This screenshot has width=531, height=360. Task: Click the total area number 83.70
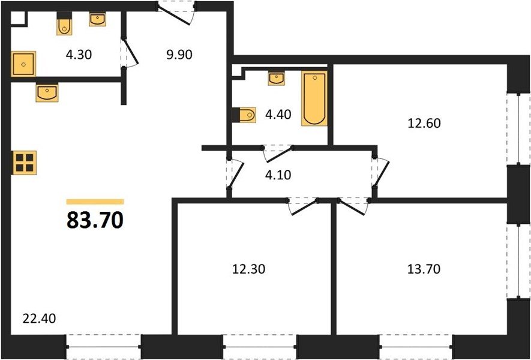point(95,220)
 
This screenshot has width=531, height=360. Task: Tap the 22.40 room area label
point(39,319)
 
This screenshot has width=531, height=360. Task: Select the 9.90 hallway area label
point(179,55)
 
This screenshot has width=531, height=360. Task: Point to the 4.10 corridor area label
point(278,175)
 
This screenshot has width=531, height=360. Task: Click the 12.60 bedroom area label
point(424,123)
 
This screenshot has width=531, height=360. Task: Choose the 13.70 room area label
point(424,269)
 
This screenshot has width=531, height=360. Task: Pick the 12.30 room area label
point(248,269)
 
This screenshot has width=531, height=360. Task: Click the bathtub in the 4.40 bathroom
point(314,98)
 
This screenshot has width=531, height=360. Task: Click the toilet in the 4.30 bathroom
point(64,24)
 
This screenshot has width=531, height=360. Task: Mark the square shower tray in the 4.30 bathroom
point(23,64)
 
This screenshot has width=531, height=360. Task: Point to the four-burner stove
point(25,163)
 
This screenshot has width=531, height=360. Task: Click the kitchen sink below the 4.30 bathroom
point(47,93)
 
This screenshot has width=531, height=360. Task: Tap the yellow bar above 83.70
point(95,202)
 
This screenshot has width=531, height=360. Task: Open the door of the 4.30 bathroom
point(130,52)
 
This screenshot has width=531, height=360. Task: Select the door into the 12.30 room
point(303,206)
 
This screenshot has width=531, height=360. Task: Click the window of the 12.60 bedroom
point(519,128)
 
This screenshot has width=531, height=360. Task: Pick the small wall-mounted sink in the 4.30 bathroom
point(98,19)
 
